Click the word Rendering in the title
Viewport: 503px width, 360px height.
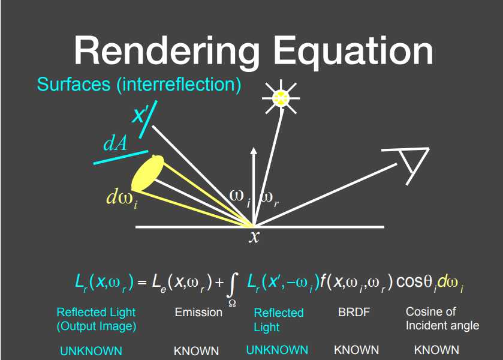[167, 52]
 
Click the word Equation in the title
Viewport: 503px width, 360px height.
[354, 52]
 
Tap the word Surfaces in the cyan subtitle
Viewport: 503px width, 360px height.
[74, 84]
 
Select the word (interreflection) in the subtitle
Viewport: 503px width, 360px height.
[179, 85]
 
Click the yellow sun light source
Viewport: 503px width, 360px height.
[281, 98]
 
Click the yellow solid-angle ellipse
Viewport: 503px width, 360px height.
[147, 173]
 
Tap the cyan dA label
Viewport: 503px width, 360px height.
[115, 143]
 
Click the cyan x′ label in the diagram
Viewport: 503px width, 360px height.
[140, 115]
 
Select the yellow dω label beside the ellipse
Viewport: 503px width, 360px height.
[122, 197]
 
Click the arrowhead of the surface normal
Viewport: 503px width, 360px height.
[254, 151]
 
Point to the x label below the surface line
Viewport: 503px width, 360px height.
[254, 237]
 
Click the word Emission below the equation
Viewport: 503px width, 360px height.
[198, 312]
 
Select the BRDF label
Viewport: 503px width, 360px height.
[354, 312]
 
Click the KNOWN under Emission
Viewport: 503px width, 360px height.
[196, 351]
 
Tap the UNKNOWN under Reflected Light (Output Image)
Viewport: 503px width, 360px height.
[91, 351]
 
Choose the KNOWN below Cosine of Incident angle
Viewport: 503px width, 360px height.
[436, 350]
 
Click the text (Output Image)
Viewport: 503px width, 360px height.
[97, 326]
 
